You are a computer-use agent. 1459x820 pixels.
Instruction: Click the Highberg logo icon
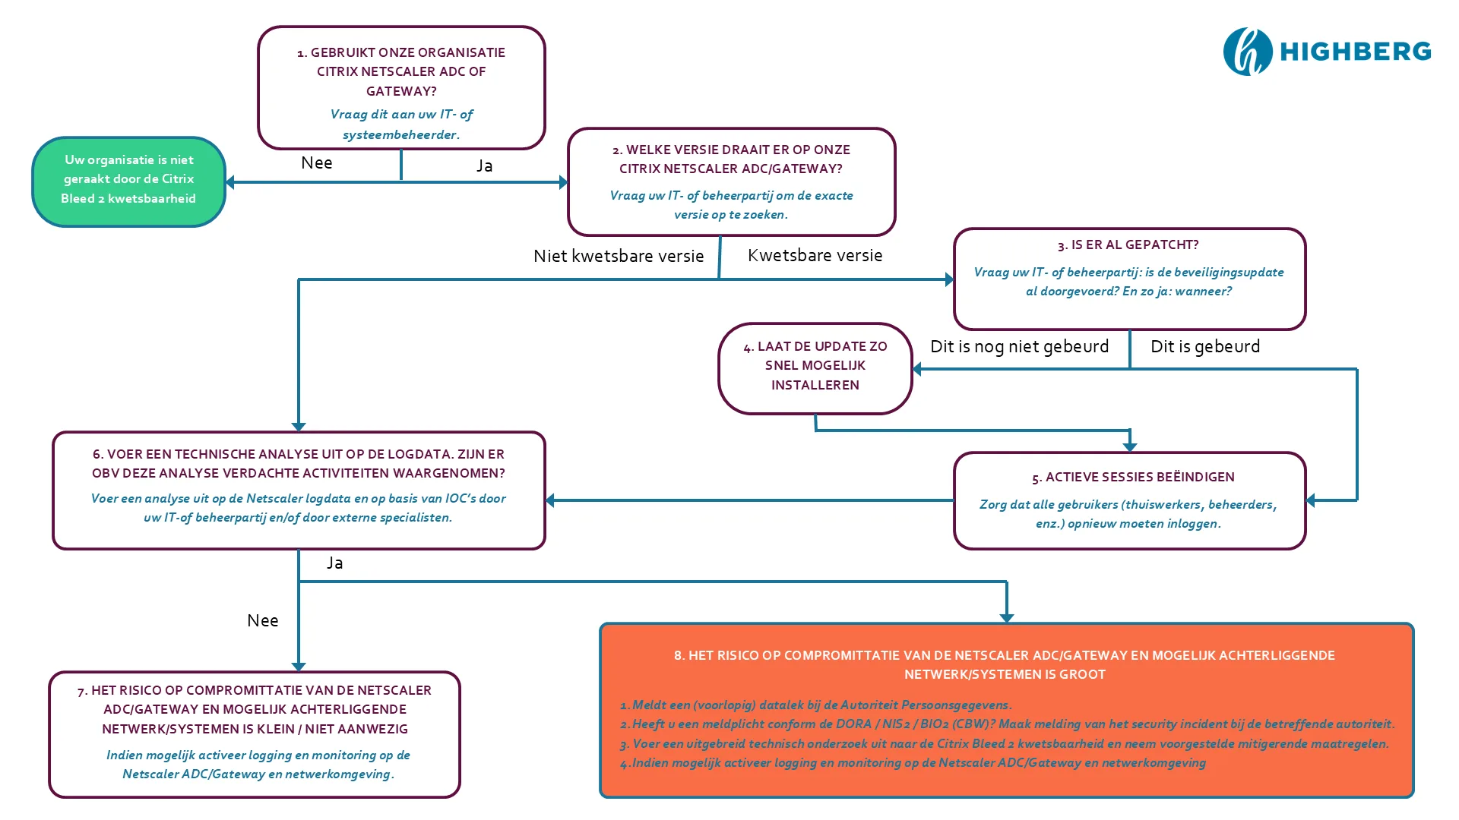point(1247,52)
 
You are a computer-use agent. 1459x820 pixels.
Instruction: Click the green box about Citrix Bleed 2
point(128,181)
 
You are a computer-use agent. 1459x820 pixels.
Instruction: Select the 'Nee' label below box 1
point(316,163)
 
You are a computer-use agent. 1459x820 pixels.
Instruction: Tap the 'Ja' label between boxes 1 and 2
point(484,166)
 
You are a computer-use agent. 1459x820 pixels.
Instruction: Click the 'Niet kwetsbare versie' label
point(618,256)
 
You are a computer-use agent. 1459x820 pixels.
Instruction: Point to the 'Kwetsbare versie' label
point(815,255)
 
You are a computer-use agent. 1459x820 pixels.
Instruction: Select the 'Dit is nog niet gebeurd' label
point(1019,346)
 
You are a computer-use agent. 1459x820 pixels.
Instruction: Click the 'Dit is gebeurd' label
point(1204,346)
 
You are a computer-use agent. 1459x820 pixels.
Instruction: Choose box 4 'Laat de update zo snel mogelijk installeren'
point(815,367)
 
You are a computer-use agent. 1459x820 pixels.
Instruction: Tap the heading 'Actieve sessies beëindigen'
point(1132,477)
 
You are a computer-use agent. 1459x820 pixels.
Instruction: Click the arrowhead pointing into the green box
point(230,182)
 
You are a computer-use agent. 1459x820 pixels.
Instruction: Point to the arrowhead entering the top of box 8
point(1007,617)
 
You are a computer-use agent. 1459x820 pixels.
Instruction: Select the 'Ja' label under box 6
point(335,563)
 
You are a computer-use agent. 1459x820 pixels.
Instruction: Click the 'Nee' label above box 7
point(262,620)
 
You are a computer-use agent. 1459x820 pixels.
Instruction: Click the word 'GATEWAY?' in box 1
point(401,91)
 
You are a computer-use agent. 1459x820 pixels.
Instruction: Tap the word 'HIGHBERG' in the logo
point(1355,52)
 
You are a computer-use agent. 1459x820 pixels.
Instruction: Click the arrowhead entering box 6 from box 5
point(551,500)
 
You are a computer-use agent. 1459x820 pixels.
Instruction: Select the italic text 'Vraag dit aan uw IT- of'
point(401,114)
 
